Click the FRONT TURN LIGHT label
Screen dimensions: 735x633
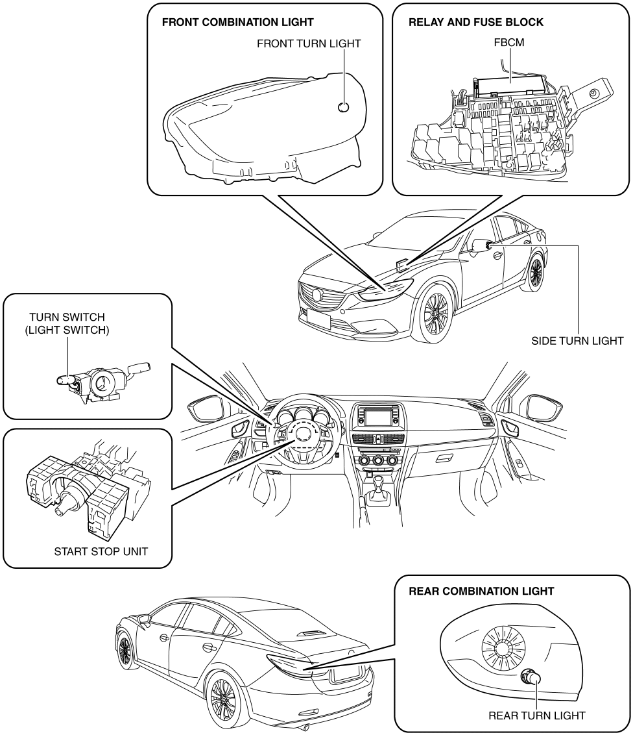pyautogui.click(x=309, y=44)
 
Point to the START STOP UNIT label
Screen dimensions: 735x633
pyautogui.click(x=101, y=553)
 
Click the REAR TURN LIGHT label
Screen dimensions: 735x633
pyautogui.click(x=537, y=716)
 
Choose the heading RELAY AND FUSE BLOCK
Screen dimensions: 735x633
pyautogui.click(x=475, y=22)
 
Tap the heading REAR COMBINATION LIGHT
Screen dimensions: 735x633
pyautogui.click(x=481, y=592)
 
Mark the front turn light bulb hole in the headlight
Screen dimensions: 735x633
pyautogui.click(x=344, y=107)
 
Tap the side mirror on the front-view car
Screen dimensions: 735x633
pyautogui.click(x=481, y=245)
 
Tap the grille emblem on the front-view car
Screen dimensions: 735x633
pyautogui.click(x=316, y=293)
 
